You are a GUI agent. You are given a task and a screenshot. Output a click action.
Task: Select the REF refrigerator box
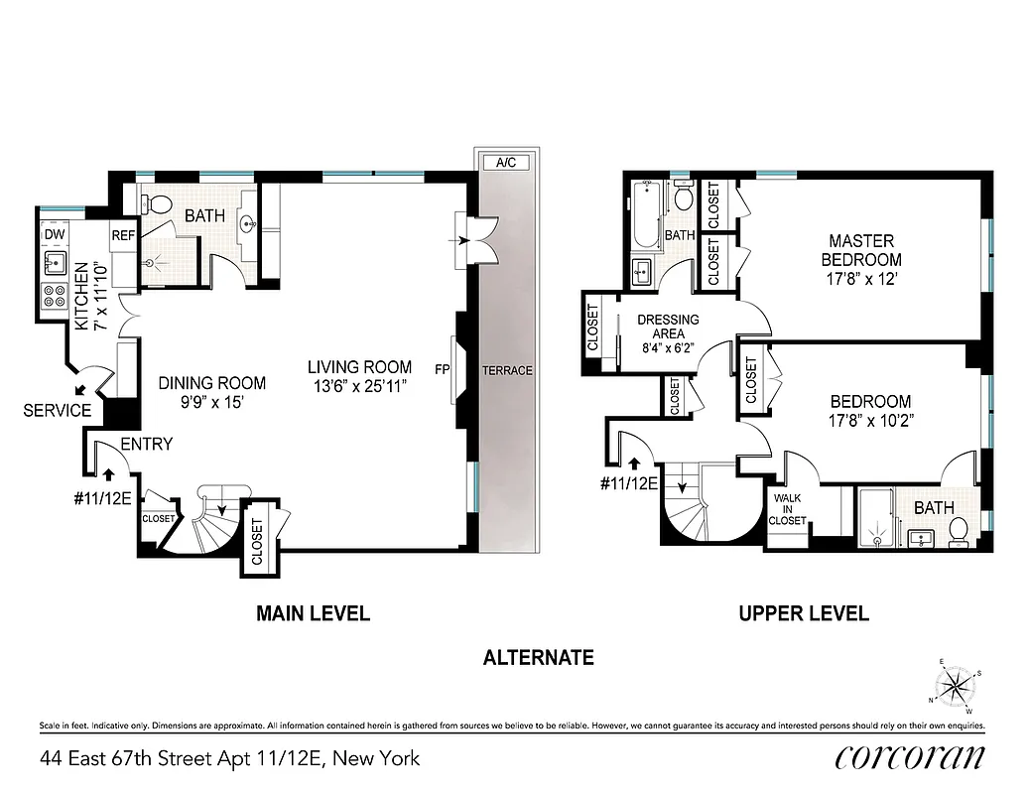coord(123,235)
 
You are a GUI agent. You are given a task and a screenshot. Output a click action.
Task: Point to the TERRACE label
coord(507,370)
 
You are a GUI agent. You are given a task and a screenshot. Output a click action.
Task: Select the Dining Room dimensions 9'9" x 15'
coord(212,403)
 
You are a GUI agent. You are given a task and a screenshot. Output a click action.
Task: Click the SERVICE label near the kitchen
coord(57,410)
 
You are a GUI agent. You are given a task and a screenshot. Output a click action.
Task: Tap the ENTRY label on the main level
coord(146,444)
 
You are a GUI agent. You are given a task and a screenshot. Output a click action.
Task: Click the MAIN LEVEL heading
coord(313,613)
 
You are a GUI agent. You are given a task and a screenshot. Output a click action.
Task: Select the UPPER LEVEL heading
coord(803,613)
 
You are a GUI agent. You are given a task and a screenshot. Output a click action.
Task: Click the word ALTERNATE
coord(538,657)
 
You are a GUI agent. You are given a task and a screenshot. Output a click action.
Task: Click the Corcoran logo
coord(910,758)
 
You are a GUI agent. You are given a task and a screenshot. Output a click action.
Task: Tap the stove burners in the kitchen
coord(54,297)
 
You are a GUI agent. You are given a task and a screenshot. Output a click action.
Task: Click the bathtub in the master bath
coord(644,215)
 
